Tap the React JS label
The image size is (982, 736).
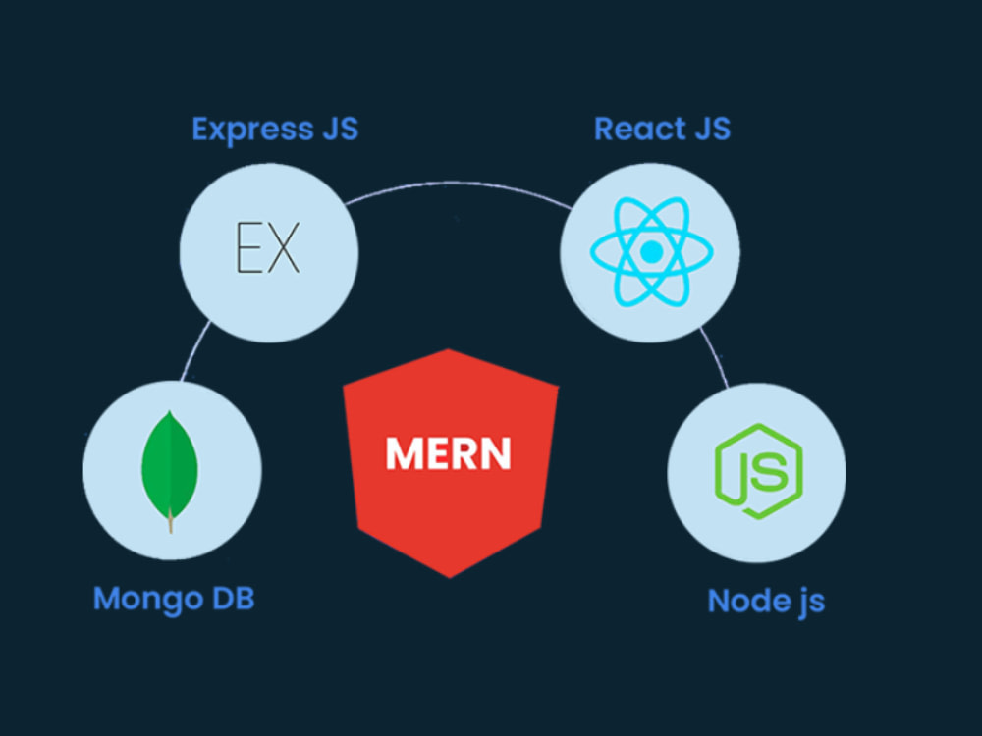[x=662, y=129]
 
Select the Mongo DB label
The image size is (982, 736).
[x=174, y=599]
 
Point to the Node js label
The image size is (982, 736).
[x=766, y=602]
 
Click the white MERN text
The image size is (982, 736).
[x=449, y=453]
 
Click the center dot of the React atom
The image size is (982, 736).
[x=651, y=251]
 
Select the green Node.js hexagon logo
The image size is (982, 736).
[x=758, y=471]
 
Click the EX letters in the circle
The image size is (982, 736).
[x=268, y=247]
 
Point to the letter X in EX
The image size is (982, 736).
[x=284, y=247]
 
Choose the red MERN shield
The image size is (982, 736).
[x=451, y=463]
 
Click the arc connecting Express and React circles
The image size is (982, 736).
[x=458, y=184]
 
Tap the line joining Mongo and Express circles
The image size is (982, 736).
[x=194, y=349]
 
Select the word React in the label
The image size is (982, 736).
[x=630, y=129]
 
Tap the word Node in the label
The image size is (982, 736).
[x=739, y=601]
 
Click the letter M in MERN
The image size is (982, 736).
[x=402, y=453]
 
